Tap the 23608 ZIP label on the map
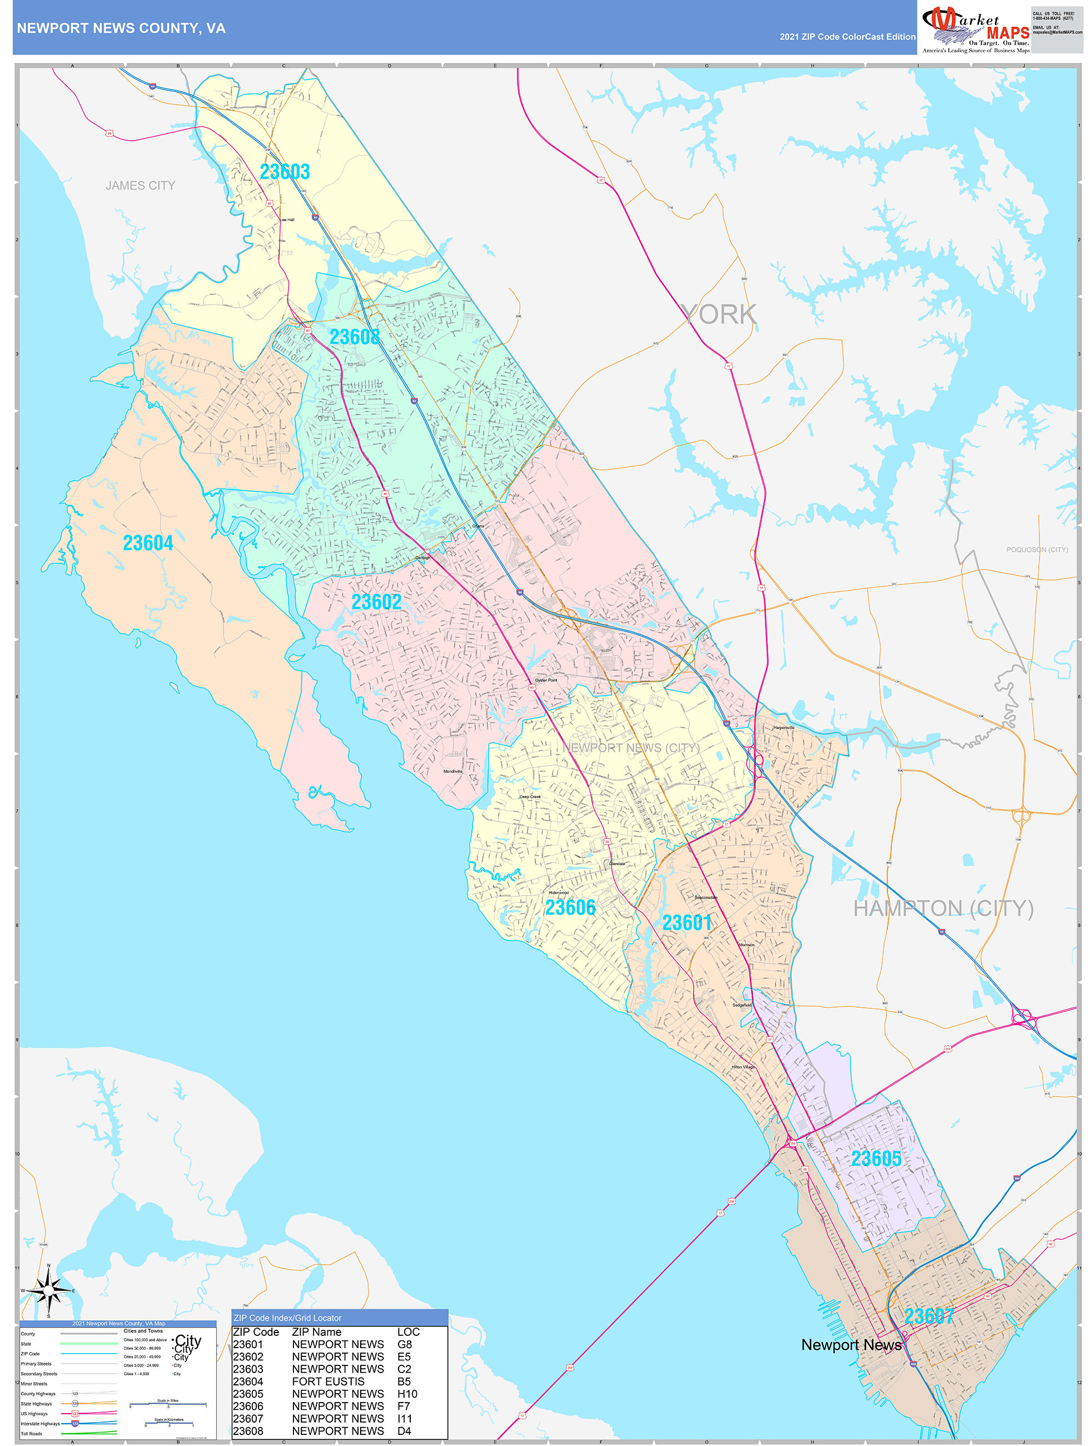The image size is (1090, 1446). tap(354, 336)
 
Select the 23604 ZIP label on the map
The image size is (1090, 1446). tap(148, 543)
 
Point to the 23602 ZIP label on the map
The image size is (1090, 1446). tap(376, 601)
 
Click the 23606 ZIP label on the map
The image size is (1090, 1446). tap(570, 907)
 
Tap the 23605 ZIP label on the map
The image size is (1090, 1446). tap(875, 1158)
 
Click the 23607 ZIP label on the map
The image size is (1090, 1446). tap(929, 1316)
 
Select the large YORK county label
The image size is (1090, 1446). tap(718, 314)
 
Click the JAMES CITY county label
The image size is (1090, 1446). tap(141, 186)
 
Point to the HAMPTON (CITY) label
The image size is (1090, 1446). tap(943, 908)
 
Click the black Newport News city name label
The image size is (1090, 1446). tap(851, 1345)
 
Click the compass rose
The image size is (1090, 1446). tap(48, 1290)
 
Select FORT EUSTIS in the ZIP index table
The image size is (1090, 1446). tap(328, 1381)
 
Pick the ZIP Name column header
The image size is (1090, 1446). tap(316, 1331)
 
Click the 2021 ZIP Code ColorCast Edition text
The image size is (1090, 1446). tap(847, 37)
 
